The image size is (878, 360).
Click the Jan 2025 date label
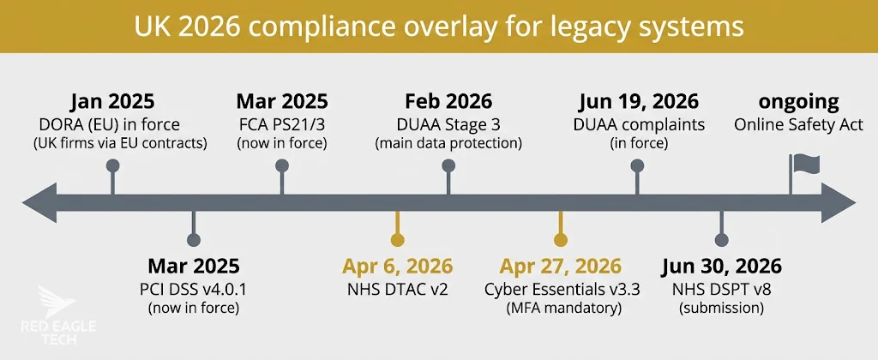(112, 102)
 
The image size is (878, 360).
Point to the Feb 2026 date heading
(448, 102)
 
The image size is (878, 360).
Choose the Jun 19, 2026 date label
(638, 102)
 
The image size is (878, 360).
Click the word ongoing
(799, 102)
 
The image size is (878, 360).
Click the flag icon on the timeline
(804, 165)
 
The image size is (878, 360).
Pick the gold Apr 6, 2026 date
(397, 267)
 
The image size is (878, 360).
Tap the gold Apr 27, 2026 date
(561, 267)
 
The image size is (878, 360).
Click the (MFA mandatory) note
(561, 307)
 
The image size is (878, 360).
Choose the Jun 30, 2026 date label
(721, 267)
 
